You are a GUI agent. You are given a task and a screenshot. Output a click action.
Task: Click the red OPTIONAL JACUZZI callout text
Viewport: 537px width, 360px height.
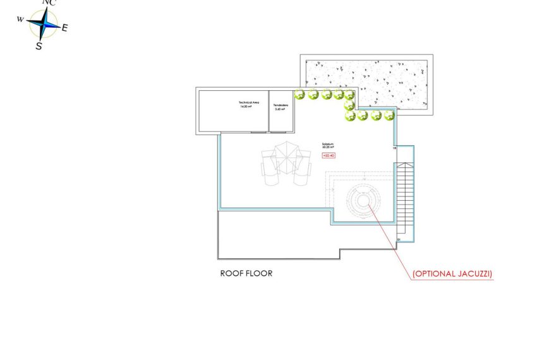coord(452,274)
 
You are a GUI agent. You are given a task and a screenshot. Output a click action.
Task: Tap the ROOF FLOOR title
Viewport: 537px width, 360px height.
coord(246,274)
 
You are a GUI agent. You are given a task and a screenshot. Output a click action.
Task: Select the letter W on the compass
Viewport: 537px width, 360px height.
coord(20,19)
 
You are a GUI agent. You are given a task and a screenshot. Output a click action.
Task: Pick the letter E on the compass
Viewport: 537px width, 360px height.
coord(65,28)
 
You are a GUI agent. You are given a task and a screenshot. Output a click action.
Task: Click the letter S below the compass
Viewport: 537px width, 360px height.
coord(39,46)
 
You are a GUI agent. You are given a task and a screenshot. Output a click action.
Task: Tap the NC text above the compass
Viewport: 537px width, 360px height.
coord(48,3)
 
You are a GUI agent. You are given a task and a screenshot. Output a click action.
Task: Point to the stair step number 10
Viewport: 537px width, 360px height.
coord(395,149)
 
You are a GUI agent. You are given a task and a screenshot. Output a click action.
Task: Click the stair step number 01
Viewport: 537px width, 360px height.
coord(399,240)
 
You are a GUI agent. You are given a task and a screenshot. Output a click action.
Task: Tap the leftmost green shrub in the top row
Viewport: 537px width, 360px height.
coord(300,95)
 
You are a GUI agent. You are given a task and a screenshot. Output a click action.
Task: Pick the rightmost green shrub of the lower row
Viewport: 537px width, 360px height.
coord(388,116)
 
